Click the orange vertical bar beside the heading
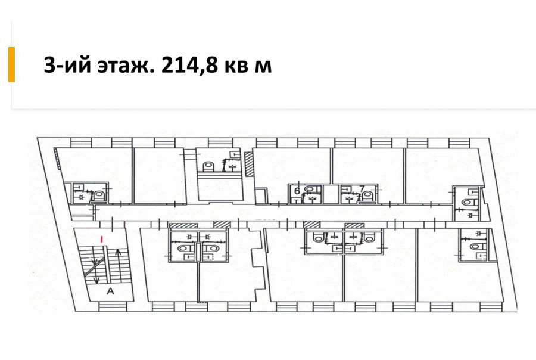pyautogui.click(x=12, y=64)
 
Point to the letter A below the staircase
pyautogui.click(x=110, y=291)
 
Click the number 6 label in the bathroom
pyautogui.click(x=297, y=190)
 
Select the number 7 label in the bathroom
pyautogui.click(x=362, y=189)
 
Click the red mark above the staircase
pyautogui.click(x=101, y=239)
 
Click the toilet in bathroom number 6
pyautogui.click(x=310, y=190)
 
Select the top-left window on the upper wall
pyautogui.click(x=82, y=142)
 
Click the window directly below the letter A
pyautogui.click(x=110, y=306)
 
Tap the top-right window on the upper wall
pyautogui.click(x=459, y=142)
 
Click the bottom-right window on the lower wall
pyautogui.click(x=490, y=306)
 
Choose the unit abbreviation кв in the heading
pyautogui.click(x=236, y=66)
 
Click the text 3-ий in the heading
pyautogui.click(x=67, y=65)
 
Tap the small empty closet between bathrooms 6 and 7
pyautogui.click(x=331, y=194)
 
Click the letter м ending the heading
pyautogui.click(x=263, y=66)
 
